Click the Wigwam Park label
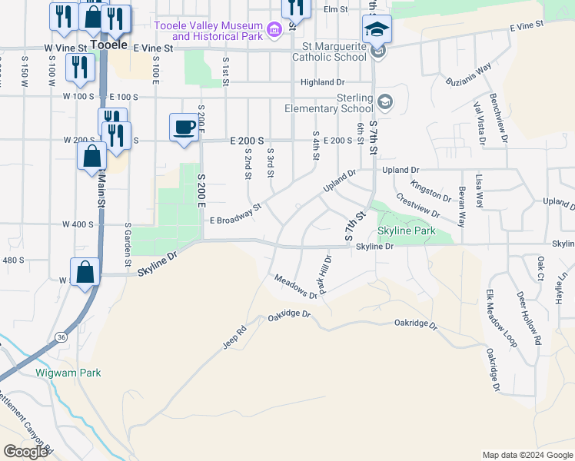(x=68, y=373)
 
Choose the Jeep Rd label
(x=234, y=338)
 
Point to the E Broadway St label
(x=236, y=214)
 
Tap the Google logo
(x=25, y=451)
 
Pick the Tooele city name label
(x=108, y=45)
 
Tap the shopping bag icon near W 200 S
(x=91, y=156)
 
